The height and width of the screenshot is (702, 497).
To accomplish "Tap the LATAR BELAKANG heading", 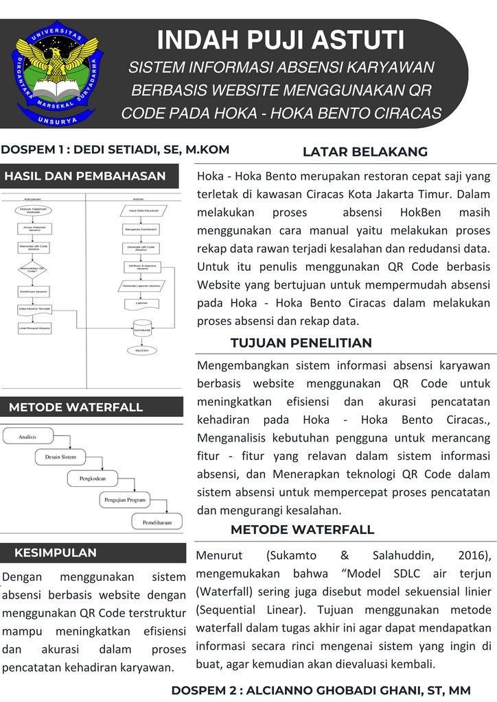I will tap(365, 152).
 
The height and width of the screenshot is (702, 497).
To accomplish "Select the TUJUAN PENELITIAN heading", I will tap(301, 343).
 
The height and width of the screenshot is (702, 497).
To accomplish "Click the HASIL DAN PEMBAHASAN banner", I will tap(85, 176).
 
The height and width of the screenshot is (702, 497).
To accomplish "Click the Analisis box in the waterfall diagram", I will tap(28, 435).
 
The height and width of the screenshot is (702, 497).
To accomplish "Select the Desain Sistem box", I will tap(61, 457).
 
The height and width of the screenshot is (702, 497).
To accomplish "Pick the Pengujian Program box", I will tap(124, 500).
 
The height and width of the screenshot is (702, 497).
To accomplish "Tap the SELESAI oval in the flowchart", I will tap(143, 350).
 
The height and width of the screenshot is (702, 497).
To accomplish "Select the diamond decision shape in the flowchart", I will tap(33, 269).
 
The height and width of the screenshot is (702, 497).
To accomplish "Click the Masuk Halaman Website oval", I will tap(33, 210).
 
